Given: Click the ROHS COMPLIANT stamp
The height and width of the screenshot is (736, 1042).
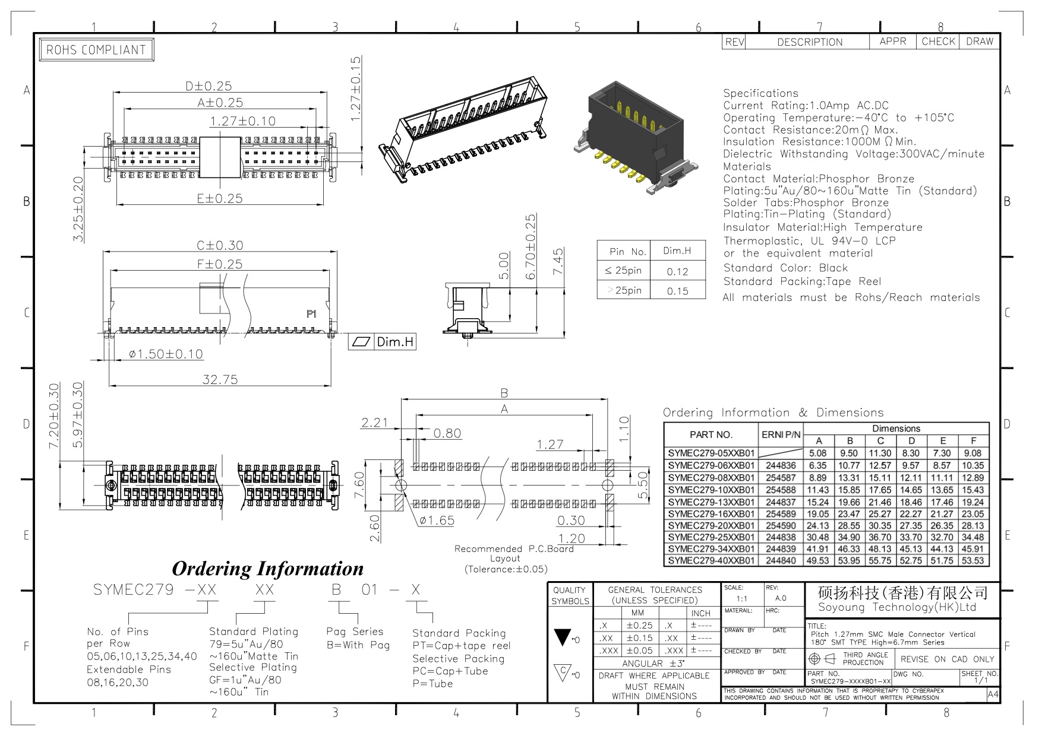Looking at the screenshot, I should [96, 50].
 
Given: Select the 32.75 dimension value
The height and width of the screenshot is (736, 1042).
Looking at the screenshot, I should [220, 379].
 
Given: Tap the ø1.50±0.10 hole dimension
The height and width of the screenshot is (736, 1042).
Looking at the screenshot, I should [166, 354].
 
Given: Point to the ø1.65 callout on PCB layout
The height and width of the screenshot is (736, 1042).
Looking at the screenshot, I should [437, 521].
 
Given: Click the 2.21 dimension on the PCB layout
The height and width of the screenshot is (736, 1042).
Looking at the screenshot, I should [374, 423].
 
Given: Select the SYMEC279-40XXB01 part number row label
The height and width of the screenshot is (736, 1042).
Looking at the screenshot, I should [711, 560].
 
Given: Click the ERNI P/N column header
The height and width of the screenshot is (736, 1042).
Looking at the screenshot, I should [781, 435].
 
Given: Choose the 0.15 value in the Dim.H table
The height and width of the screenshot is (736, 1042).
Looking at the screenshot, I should [677, 291].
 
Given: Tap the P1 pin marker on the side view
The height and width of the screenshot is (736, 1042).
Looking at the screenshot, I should [311, 314].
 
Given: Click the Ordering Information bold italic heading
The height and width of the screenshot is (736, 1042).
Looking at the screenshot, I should [267, 569].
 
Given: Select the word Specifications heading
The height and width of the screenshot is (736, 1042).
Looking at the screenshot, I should [760, 93].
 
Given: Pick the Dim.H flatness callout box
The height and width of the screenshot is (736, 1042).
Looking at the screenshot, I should [382, 342].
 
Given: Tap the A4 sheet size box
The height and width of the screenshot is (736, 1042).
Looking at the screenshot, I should [993, 695].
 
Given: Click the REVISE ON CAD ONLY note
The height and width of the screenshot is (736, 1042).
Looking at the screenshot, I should [947, 659].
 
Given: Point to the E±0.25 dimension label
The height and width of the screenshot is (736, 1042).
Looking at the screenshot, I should [220, 199].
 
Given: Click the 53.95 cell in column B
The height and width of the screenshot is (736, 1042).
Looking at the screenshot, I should [849, 560].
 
